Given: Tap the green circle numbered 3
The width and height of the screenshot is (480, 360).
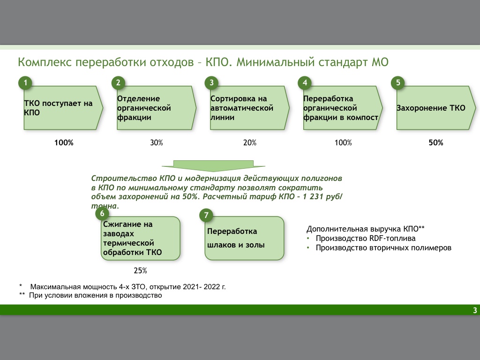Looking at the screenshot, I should (x=212, y=83).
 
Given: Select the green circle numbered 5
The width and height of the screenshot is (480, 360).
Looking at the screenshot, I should (x=398, y=83).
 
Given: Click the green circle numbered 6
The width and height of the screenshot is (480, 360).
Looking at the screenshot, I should (x=102, y=214).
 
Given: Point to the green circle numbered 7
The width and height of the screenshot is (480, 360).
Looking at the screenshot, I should (x=206, y=216).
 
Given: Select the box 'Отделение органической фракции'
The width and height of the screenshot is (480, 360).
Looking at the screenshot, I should (x=155, y=108).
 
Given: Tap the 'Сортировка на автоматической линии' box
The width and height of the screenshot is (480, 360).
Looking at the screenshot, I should (x=247, y=108).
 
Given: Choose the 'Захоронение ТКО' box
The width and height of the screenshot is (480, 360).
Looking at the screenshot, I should (x=434, y=108).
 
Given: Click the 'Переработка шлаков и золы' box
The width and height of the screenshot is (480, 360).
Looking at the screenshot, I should (x=244, y=238).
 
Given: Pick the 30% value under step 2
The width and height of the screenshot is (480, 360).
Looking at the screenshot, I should (x=157, y=143).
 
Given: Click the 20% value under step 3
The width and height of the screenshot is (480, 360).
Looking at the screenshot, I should (x=250, y=143).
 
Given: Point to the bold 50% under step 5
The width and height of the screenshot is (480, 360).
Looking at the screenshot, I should (x=435, y=143).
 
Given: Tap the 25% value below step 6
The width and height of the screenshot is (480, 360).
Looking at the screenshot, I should (x=141, y=270).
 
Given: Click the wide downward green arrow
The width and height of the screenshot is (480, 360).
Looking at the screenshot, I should (x=214, y=165).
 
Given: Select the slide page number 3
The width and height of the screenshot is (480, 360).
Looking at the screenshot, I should (x=475, y=310).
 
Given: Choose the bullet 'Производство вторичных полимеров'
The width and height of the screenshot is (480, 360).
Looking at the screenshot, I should (x=383, y=248).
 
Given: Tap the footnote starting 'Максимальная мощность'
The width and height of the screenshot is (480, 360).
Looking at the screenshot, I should (x=128, y=286).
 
